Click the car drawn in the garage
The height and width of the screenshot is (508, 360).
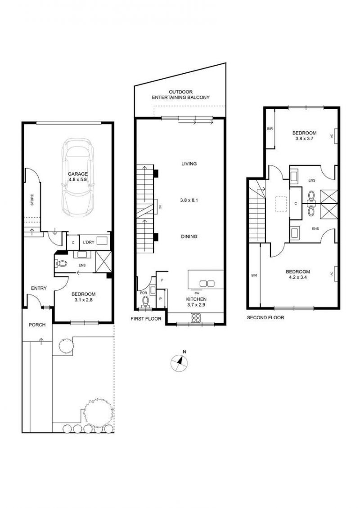77,178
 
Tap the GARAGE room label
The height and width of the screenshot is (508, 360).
77,174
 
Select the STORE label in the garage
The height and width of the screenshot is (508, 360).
32,200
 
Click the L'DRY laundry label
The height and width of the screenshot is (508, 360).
88,242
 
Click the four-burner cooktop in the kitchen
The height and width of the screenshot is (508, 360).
196,318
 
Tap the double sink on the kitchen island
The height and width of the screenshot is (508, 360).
207,284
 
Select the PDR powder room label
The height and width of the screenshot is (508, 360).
144,293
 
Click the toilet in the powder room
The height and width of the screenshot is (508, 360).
146,302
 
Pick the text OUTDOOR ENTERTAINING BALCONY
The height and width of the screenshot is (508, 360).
180,94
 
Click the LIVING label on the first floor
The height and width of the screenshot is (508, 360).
189,164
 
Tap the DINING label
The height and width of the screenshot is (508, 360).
189,236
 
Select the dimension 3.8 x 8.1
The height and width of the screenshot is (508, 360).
189,200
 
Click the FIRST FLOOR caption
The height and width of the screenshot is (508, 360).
146,319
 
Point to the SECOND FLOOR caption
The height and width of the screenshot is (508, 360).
265,318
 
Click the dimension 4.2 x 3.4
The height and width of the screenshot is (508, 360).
298,277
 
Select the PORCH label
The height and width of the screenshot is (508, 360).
37,325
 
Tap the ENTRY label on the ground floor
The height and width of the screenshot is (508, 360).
39,288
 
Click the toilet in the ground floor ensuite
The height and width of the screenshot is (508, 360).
61,264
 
